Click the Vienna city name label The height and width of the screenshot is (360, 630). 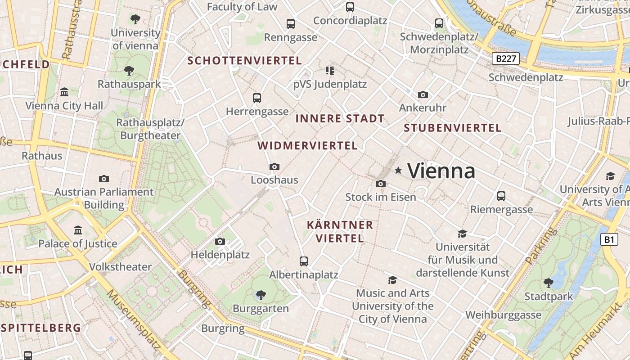pos(441,171)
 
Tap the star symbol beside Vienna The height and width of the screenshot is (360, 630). pos(398,170)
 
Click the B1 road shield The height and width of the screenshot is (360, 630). pos(608,240)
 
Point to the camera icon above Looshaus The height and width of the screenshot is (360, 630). pos(274,167)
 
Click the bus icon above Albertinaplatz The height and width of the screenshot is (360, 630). pos(304,261)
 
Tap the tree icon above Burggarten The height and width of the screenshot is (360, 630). pos(261,295)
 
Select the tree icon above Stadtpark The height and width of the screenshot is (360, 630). pos(548,283)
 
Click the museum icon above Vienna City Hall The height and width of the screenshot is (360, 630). pos(64,92)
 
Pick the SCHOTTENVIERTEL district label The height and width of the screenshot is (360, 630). pos(244,60)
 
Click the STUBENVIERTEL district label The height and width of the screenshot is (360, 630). pos(452,128)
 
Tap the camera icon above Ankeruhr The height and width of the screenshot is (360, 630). pos(423,94)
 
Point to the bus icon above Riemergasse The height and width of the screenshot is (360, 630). pos(501,196)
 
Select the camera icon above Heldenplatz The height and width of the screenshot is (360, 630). pos(220,242)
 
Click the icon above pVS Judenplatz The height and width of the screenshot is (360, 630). pos(330,71)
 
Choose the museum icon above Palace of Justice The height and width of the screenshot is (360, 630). pos(78,230)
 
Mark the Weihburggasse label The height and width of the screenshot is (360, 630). pos(503,315)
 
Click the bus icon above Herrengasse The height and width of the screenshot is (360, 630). pos(257,98)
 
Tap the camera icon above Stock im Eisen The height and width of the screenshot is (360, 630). pos(380,184)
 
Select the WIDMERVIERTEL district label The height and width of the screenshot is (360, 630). pos(308,146)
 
